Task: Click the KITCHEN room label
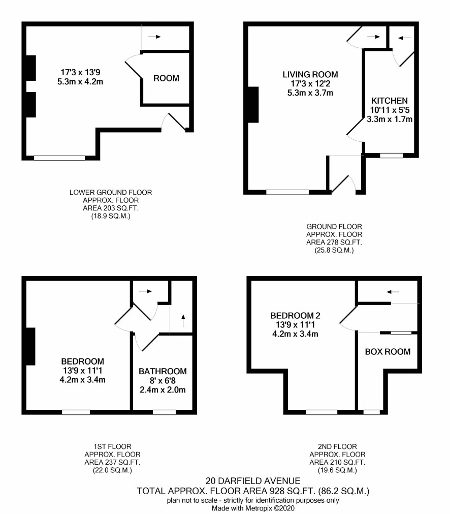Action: pos(389,101)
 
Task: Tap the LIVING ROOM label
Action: pos(310,74)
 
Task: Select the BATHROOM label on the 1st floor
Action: pos(163,371)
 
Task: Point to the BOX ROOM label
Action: pos(388,352)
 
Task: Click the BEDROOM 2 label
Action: pos(295,316)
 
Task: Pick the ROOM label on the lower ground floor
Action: pos(166,78)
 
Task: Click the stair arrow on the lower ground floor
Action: pos(154,37)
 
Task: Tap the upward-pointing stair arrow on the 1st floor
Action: pos(183,321)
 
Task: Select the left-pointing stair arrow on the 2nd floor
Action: pos(393,291)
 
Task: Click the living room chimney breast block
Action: pos(253,105)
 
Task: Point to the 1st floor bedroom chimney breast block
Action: pos(30,346)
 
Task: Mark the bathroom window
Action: pos(164,412)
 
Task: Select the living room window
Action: pos(287,192)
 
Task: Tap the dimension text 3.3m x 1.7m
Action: pos(390,119)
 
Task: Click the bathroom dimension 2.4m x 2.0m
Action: pos(163,390)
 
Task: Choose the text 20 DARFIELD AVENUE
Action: pos(253,481)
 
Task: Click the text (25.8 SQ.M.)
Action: pos(334,251)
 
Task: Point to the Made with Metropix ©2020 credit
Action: pos(253,508)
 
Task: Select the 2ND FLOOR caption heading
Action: pos(337,446)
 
